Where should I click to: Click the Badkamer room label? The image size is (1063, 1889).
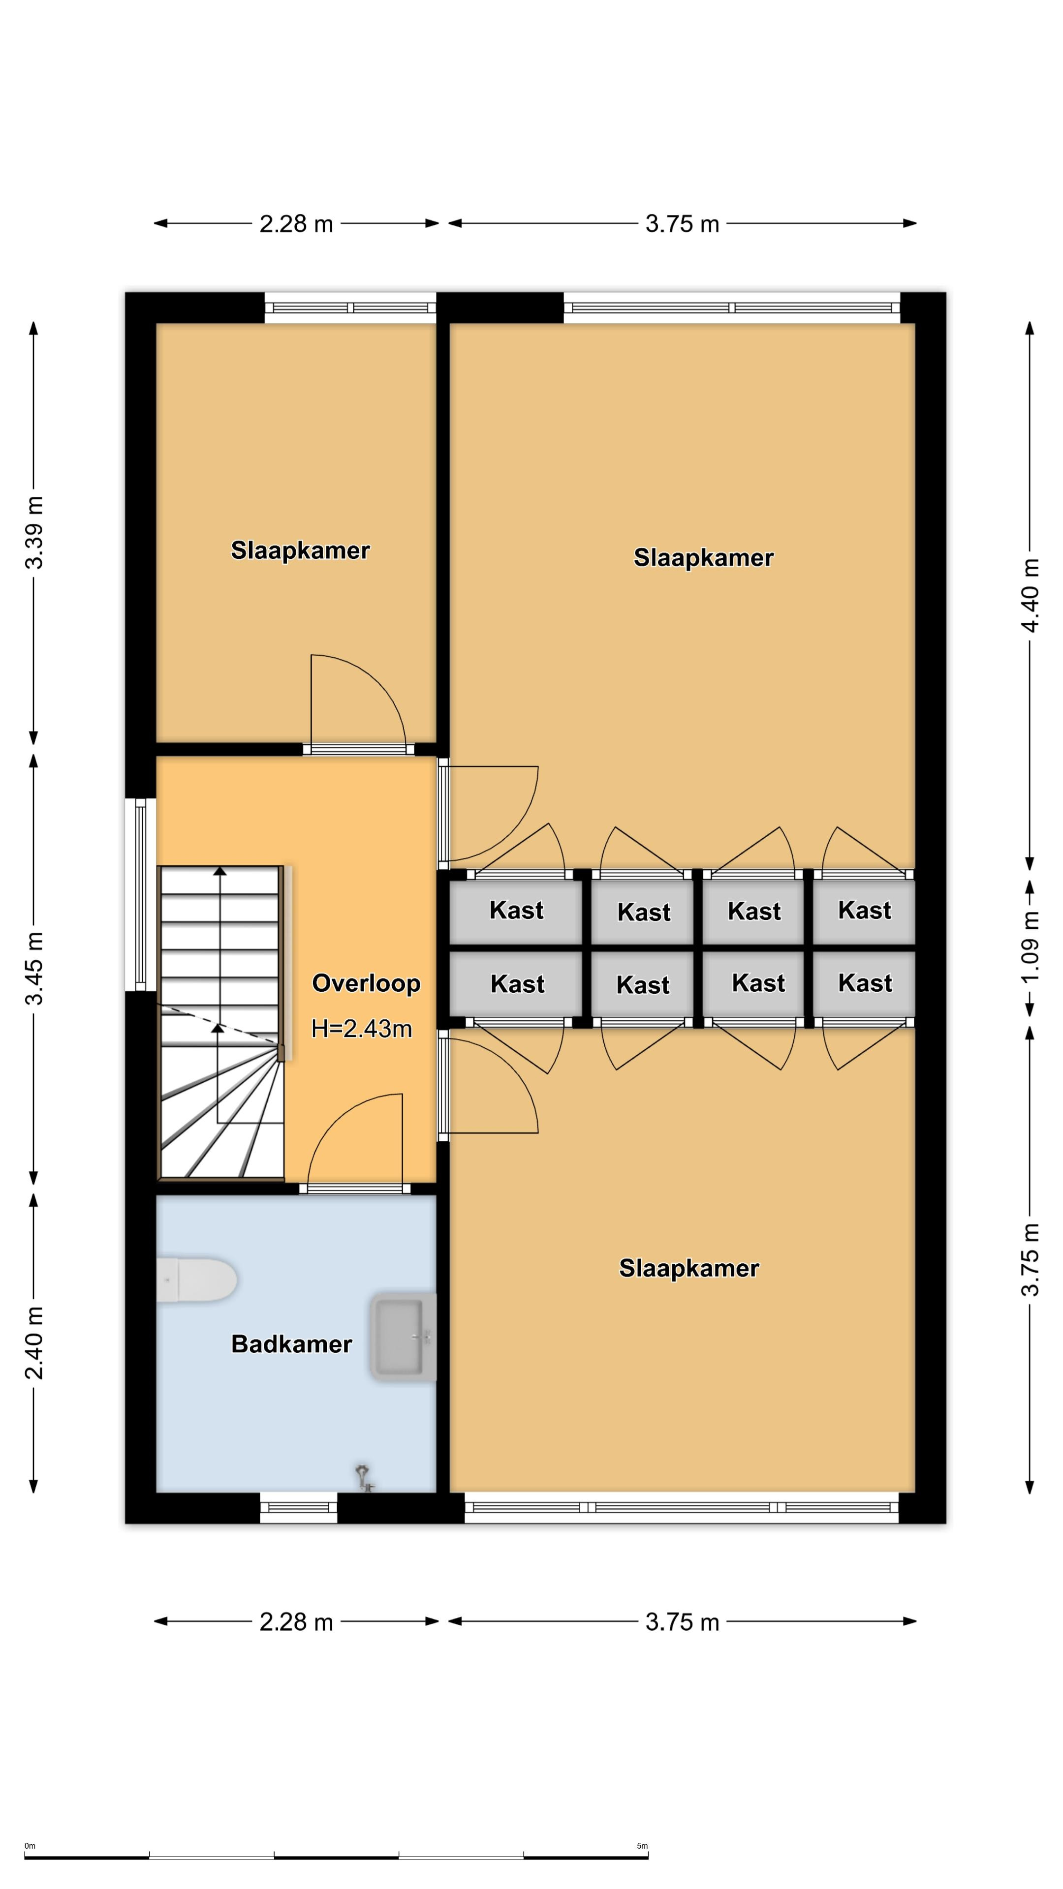point(291,1344)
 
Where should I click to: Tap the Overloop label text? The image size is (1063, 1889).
point(366,983)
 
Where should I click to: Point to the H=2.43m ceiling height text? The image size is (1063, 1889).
point(362,1029)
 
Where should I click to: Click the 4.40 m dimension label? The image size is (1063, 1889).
point(1030,595)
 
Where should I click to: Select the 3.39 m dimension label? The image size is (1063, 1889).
point(34,532)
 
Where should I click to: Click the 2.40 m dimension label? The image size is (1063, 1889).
point(34,1342)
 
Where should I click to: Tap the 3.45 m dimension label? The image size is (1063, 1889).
point(34,968)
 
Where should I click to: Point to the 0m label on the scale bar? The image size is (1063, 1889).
point(30,1846)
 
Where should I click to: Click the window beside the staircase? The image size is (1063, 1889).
point(140,894)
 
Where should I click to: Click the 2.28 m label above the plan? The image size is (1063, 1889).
point(296,224)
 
